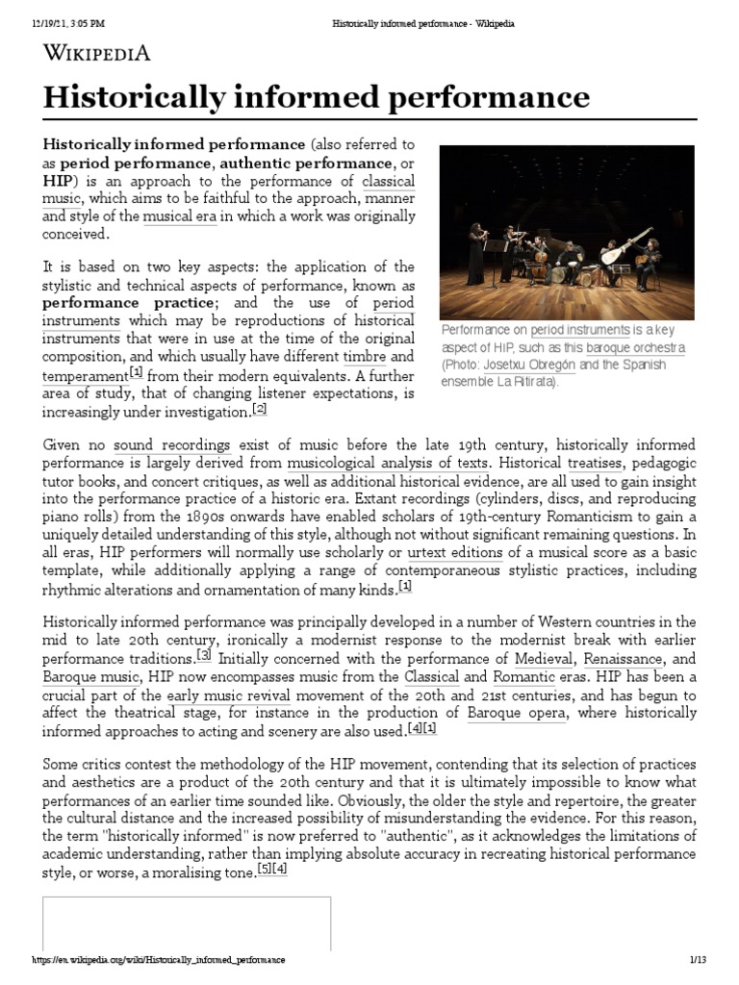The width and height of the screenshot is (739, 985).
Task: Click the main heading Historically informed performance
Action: [316, 97]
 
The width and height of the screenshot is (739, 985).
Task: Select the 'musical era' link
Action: [180, 216]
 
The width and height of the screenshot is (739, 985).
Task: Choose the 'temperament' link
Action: [85, 374]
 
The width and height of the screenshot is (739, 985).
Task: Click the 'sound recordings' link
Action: [171, 444]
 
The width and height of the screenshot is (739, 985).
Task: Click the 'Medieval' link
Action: [541, 659]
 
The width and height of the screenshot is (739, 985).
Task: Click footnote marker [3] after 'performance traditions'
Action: [203, 655]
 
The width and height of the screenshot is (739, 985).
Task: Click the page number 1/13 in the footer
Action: [699, 960]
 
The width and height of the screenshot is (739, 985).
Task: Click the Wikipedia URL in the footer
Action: [159, 960]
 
